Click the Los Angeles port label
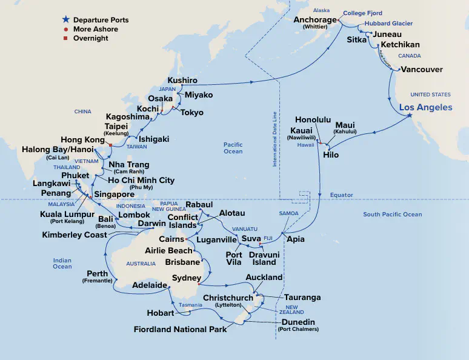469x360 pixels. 425,107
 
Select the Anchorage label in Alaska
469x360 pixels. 314,20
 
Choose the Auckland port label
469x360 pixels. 264,278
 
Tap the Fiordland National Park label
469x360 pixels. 181,329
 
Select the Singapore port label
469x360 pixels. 114,195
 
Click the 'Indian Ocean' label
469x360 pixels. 62,264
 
